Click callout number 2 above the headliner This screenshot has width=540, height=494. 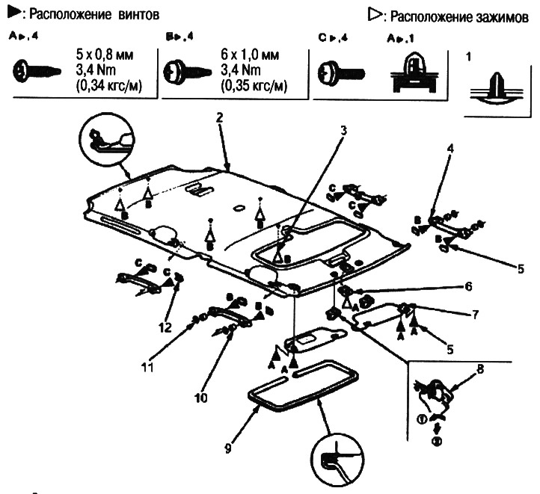click(x=219, y=117)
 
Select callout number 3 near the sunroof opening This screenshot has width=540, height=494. click(x=343, y=130)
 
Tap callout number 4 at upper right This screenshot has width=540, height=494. click(x=450, y=148)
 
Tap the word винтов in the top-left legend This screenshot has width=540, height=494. click(x=135, y=15)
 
